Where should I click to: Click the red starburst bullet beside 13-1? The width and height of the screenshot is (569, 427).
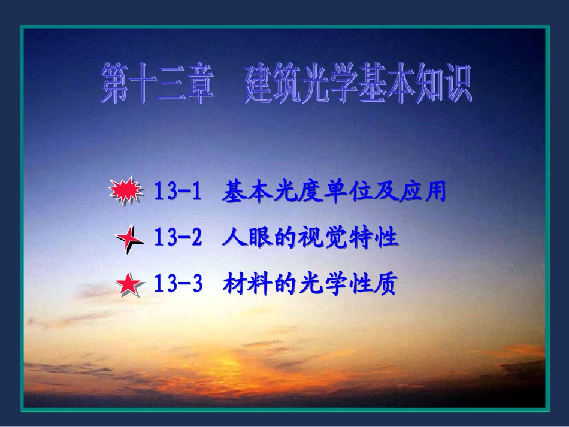click(x=126, y=192)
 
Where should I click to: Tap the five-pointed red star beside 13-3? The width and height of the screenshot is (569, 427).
click(x=129, y=286)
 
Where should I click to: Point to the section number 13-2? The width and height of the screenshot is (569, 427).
click(x=177, y=238)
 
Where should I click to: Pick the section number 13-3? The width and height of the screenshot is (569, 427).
click(x=177, y=284)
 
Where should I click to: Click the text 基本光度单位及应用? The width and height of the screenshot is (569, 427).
click(x=334, y=192)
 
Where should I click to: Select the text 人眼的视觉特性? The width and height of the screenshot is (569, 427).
click(x=309, y=238)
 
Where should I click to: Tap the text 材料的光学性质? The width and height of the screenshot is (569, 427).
click(x=309, y=284)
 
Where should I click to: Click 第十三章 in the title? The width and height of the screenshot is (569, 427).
click(x=158, y=84)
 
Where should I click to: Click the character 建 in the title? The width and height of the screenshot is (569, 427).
click(x=258, y=84)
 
